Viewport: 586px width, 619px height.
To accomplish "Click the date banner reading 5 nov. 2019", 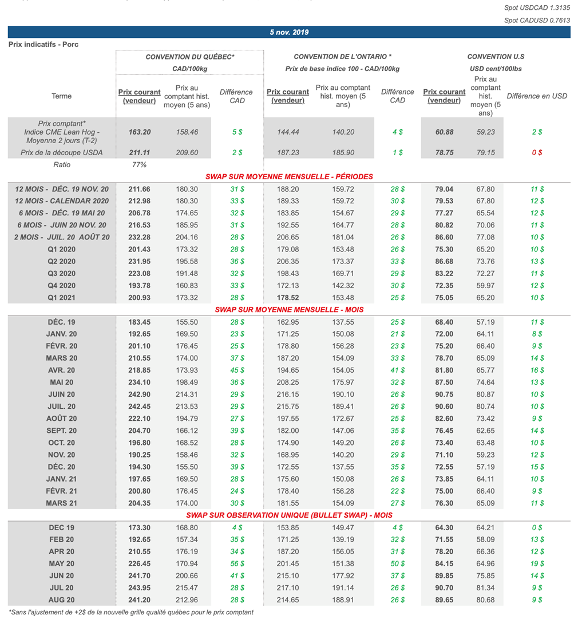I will click(289, 32).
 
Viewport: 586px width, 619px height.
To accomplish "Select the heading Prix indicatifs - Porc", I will click(43, 44).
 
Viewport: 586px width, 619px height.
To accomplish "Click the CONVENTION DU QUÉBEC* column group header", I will click(190, 57).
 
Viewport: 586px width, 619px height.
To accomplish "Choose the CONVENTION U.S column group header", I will click(496, 57).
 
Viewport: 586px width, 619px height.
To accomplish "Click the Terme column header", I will click(61, 96).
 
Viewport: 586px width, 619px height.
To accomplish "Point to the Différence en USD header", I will click(537, 96).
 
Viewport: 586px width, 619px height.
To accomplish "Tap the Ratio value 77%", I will click(140, 164).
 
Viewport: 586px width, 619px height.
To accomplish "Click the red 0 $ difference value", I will click(537, 153).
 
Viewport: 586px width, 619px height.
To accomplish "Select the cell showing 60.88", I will click(444, 132).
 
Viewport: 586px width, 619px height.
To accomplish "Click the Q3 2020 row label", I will click(62, 274).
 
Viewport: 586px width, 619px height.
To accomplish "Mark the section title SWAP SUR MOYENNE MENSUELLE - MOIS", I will click(289, 310).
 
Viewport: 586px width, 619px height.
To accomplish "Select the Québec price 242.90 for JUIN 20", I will click(140, 395).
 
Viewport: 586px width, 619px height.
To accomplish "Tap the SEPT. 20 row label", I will click(62, 431).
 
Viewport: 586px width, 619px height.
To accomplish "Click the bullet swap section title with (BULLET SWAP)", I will click(289, 515).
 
